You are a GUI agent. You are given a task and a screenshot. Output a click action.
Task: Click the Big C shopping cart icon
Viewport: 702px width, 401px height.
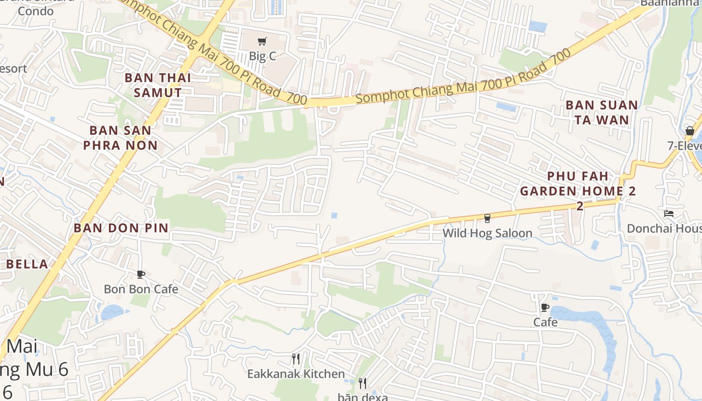coord(262,41)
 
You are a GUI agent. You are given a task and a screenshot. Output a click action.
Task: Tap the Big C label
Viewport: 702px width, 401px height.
coord(263,56)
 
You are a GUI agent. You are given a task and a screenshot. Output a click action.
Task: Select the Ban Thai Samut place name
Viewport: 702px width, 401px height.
coord(158,85)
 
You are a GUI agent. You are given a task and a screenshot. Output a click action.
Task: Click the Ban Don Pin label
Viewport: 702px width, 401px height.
coord(121,228)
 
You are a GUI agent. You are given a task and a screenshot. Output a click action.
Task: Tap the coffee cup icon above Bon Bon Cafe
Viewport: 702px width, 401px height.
coord(141,274)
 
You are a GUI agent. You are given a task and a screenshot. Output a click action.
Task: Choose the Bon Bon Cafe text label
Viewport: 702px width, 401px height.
coord(141,289)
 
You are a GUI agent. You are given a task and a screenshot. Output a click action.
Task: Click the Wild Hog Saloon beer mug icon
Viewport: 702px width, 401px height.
coord(487,218)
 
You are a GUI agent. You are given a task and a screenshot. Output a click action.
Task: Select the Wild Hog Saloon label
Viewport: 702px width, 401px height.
coord(487,233)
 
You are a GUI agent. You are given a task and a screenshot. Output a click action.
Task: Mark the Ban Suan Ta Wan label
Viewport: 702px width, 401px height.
coord(602,112)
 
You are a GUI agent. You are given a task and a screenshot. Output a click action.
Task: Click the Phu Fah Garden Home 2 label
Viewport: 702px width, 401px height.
coord(578,184)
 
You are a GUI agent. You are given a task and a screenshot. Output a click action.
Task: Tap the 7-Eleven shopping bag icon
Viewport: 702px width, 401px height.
coord(690,131)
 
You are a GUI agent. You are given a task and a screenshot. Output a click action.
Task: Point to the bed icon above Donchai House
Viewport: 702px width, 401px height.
coord(669,214)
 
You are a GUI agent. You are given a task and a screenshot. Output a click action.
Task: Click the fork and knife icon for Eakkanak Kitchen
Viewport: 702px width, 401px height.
coord(296,359)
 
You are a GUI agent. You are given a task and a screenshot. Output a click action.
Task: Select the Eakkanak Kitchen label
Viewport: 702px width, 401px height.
coord(296,374)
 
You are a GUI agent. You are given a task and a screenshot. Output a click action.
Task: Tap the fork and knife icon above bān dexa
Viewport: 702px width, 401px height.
coord(363,383)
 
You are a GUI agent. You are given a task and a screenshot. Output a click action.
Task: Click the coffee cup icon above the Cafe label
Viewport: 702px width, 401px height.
coord(545,307)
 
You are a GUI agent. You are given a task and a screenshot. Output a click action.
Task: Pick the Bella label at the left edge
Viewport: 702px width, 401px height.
coord(27,264)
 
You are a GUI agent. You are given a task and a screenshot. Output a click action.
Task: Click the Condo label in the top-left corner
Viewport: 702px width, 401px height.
coord(35,11)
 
